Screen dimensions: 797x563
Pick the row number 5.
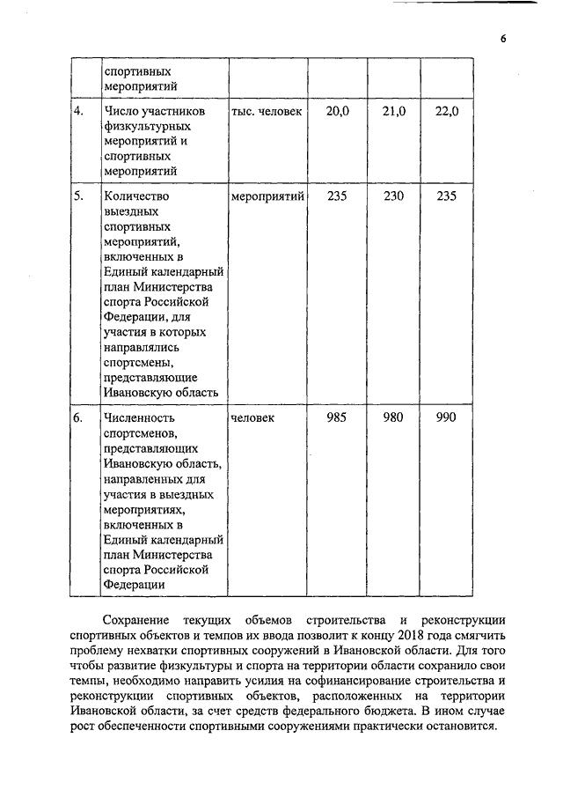tap(79, 196)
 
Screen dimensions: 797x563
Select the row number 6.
tap(79, 417)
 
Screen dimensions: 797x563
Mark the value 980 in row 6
tap(393, 417)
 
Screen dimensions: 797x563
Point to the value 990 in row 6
tap(447, 417)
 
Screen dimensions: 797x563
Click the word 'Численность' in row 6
tap(140, 417)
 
